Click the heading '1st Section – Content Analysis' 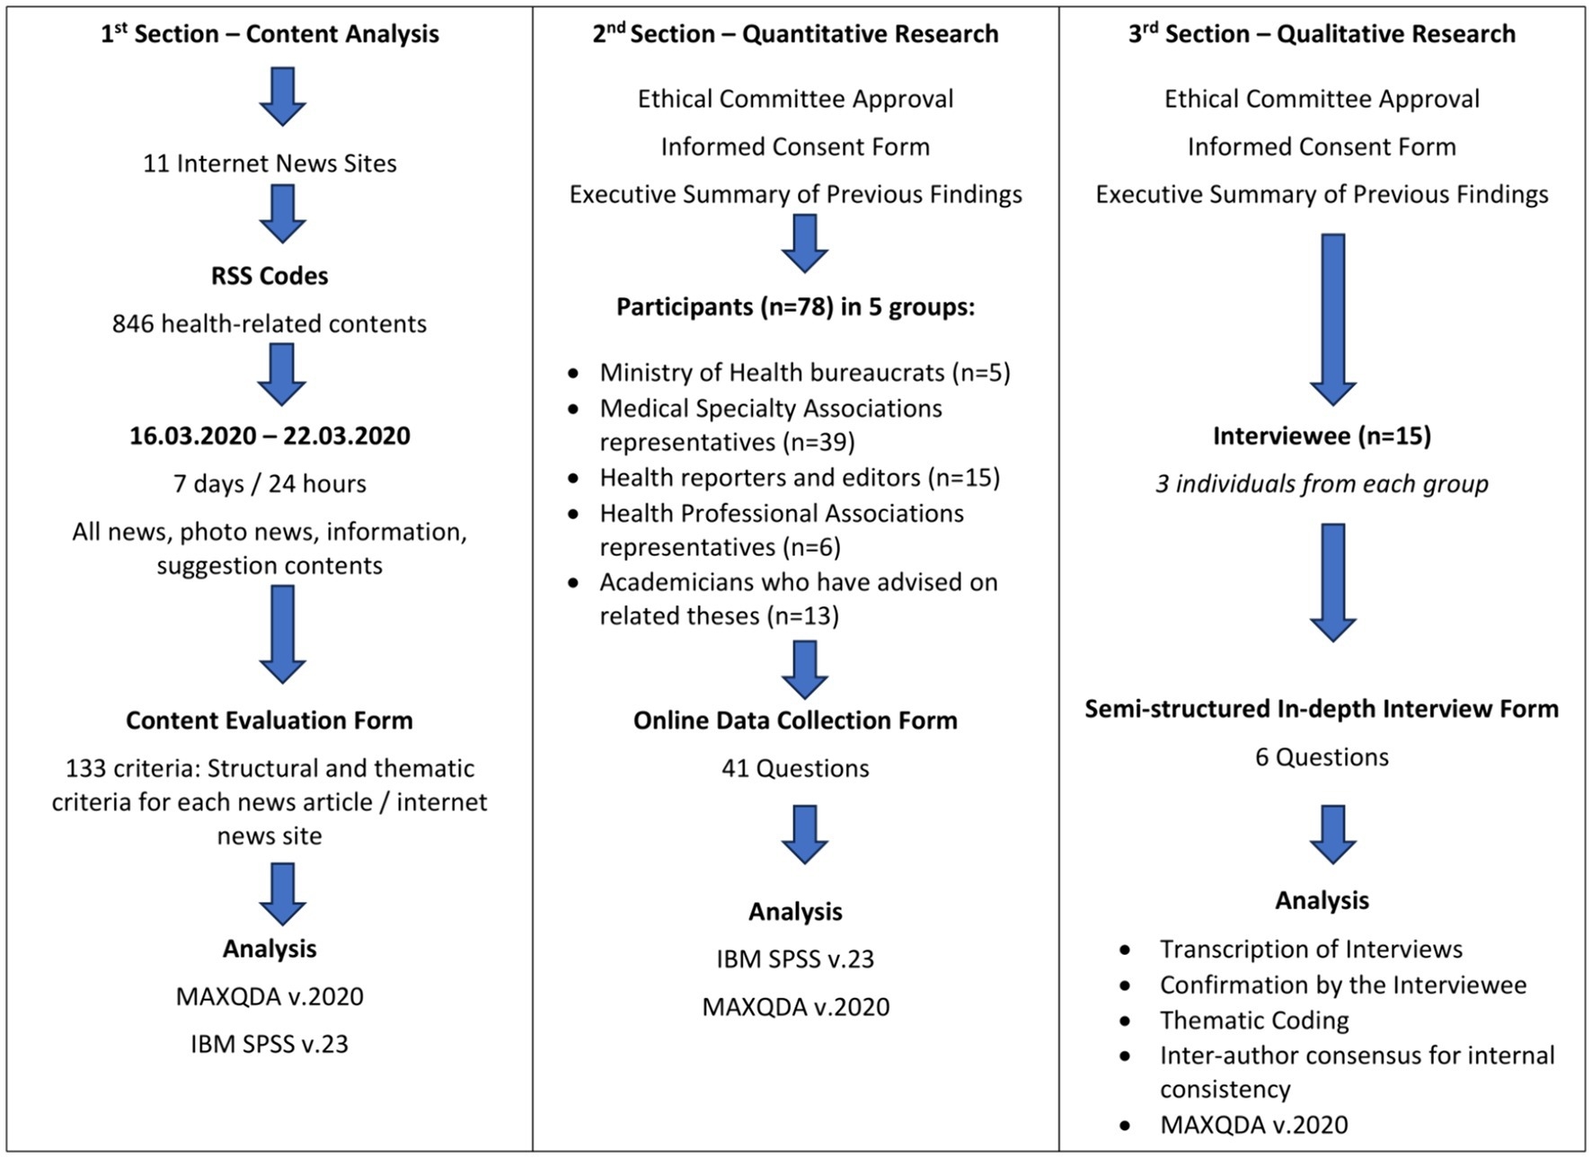[270, 34]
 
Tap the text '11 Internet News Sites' [270, 164]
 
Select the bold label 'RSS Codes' [270, 276]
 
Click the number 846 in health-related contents [133, 323]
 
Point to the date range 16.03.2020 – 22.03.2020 [270, 436]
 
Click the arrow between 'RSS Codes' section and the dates [282, 375]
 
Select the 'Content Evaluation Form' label [270, 720]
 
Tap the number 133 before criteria [84, 768]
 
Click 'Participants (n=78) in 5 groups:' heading [795, 307]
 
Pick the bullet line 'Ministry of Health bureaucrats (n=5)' [805, 373]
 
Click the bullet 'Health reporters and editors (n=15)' [800, 477]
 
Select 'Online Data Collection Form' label [795, 720]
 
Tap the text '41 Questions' [795, 768]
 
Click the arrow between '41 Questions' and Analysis [804, 834]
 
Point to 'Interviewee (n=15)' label [1322, 436]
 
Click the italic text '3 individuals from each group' [1322, 484]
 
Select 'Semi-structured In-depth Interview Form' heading [1322, 709]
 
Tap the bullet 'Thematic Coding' [1254, 1021]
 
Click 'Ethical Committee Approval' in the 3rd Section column [1322, 99]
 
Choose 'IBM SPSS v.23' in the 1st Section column [270, 1044]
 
